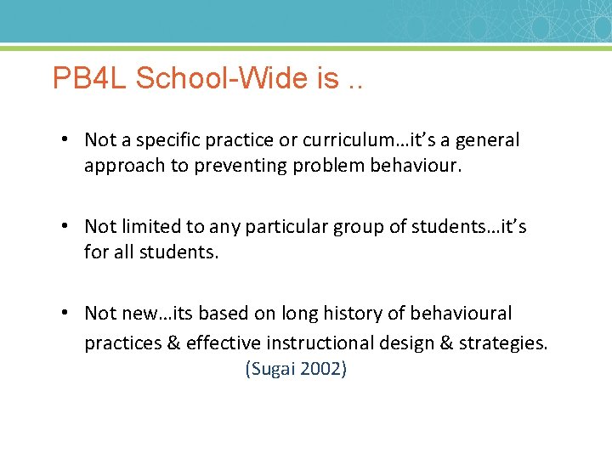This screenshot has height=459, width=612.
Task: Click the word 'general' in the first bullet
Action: [488, 140]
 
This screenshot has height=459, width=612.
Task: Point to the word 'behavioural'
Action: [461, 314]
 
